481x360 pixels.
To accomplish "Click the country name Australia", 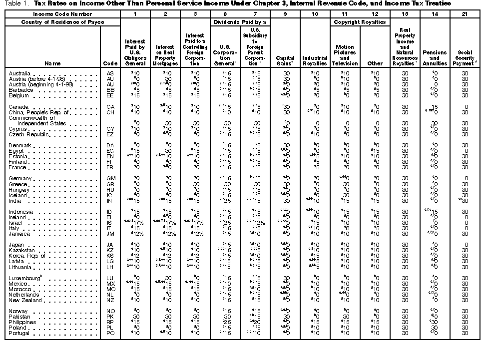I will point(19,73).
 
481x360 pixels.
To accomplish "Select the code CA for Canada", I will point(110,107).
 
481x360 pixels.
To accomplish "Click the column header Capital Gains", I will point(286,60).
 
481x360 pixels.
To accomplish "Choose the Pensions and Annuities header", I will point(435,57).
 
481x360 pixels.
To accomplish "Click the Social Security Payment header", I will point(465,57).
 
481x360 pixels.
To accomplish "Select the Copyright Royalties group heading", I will point(360,22).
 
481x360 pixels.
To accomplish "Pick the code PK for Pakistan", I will point(110,317).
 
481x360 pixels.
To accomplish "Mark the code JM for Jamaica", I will point(110,234).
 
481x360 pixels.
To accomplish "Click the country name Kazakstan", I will point(22,250).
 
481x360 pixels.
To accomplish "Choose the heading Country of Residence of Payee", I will point(62,22).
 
